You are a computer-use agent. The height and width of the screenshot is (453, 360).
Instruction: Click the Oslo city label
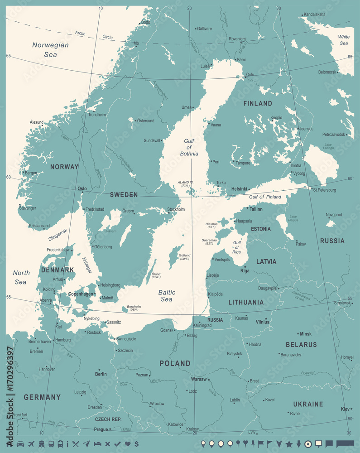click(82, 188)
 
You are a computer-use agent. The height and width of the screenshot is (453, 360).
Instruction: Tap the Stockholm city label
click(176, 210)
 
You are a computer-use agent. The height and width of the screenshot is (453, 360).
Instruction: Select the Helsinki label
click(240, 189)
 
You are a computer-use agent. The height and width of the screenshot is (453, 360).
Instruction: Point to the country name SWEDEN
click(124, 195)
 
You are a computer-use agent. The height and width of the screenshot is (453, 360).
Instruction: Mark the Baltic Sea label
click(166, 296)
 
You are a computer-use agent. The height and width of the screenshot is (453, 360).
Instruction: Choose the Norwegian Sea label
click(50, 49)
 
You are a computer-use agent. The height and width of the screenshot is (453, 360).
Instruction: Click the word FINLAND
click(258, 103)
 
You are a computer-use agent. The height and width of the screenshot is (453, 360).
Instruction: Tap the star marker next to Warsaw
click(209, 379)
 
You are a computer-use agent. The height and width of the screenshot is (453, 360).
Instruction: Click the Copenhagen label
click(80, 294)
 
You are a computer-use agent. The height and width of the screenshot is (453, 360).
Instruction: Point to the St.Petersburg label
click(324, 190)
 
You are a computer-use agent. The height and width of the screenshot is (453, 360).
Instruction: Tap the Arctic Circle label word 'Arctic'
click(80, 33)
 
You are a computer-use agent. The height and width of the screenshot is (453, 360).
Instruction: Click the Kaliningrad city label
click(202, 325)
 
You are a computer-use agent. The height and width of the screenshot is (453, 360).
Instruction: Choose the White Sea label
click(343, 40)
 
